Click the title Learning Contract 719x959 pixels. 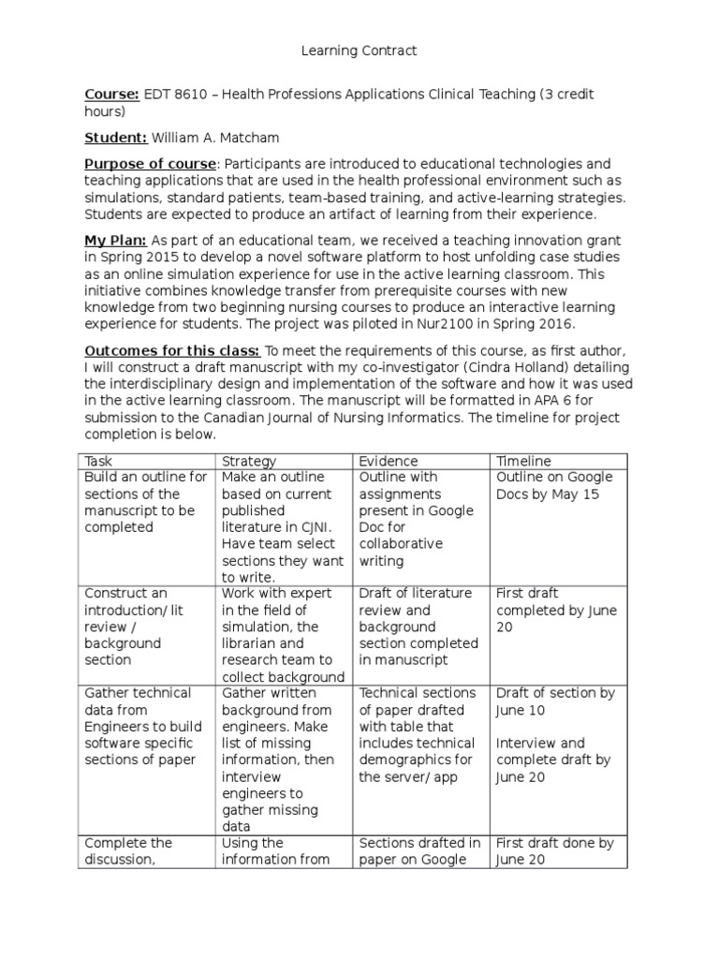[359, 51]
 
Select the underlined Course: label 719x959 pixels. [112, 95]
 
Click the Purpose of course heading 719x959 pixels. [151, 164]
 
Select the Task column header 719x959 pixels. [98, 461]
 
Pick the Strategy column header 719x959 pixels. [249, 461]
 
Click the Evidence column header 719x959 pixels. [389, 461]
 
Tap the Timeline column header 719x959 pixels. [523, 461]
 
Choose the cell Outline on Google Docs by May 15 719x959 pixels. [553, 485]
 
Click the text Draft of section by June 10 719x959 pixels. [555, 701]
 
